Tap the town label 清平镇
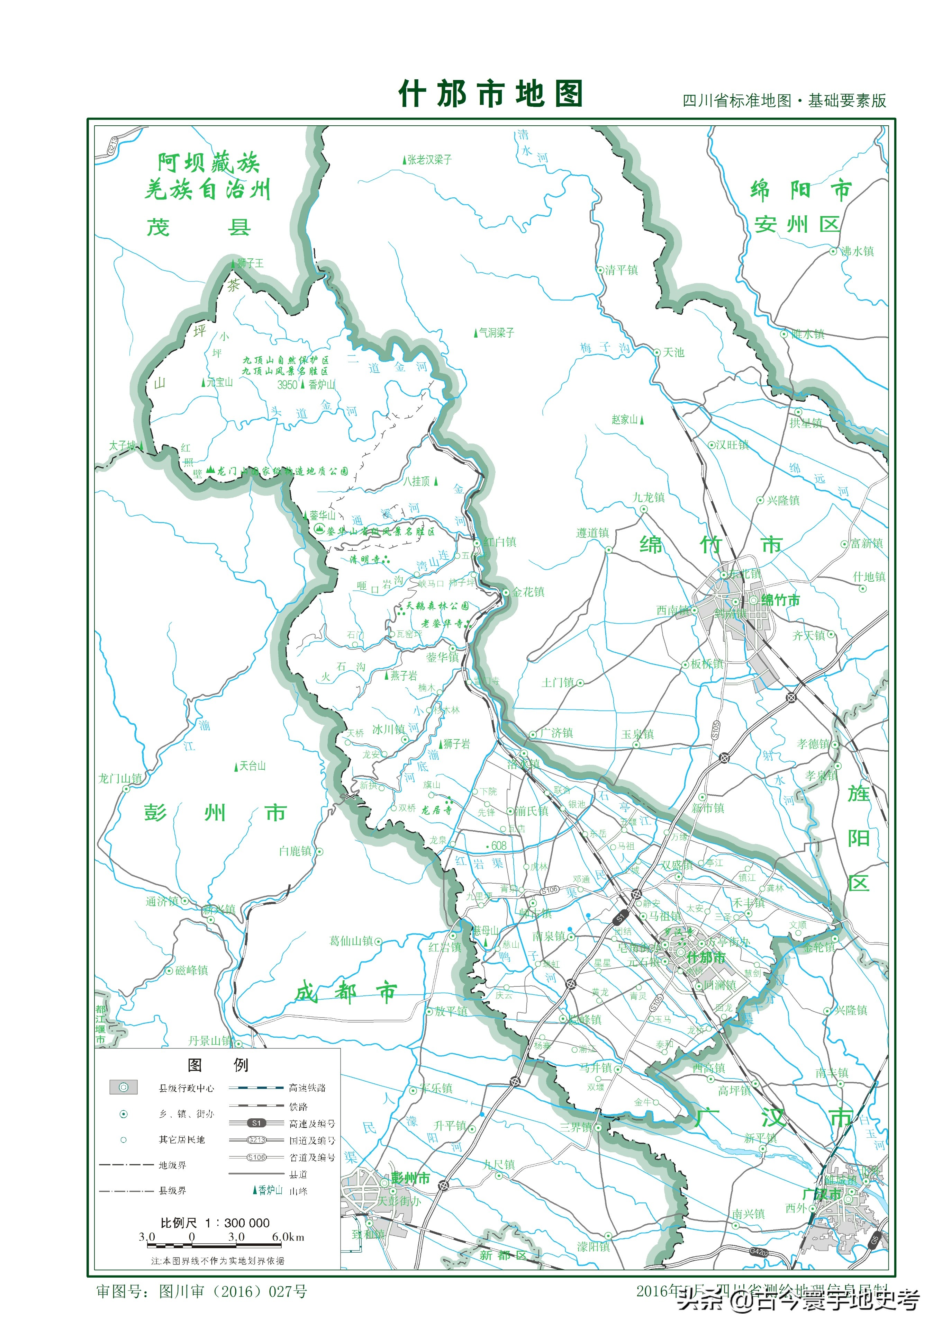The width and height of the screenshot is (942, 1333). click(x=621, y=270)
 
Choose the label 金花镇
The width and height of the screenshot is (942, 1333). click(x=528, y=592)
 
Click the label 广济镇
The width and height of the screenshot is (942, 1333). click(x=556, y=733)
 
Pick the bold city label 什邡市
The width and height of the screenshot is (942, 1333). click(x=706, y=957)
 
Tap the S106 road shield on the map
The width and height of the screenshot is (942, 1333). click(x=549, y=891)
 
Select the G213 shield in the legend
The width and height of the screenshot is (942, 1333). click(x=256, y=1140)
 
